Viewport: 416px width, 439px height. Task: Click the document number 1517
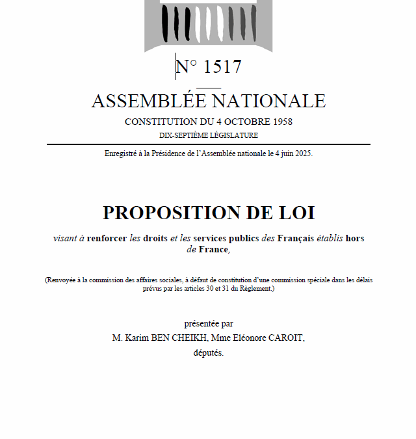click(x=222, y=67)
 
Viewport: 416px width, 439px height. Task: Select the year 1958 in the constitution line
click(x=280, y=122)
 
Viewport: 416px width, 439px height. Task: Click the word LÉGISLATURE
click(x=233, y=135)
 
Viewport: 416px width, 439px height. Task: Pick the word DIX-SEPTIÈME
click(x=183, y=135)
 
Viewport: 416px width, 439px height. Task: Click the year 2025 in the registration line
click(x=302, y=153)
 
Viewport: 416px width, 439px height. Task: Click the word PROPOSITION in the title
click(x=171, y=213)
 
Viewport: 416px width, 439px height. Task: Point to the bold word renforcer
click(x=106, y=238)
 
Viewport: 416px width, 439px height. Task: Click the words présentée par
click(x=208, y=323)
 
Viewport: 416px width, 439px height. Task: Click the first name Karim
click(x=139, y=338)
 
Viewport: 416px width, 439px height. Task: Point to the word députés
click(x=208, y=353)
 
